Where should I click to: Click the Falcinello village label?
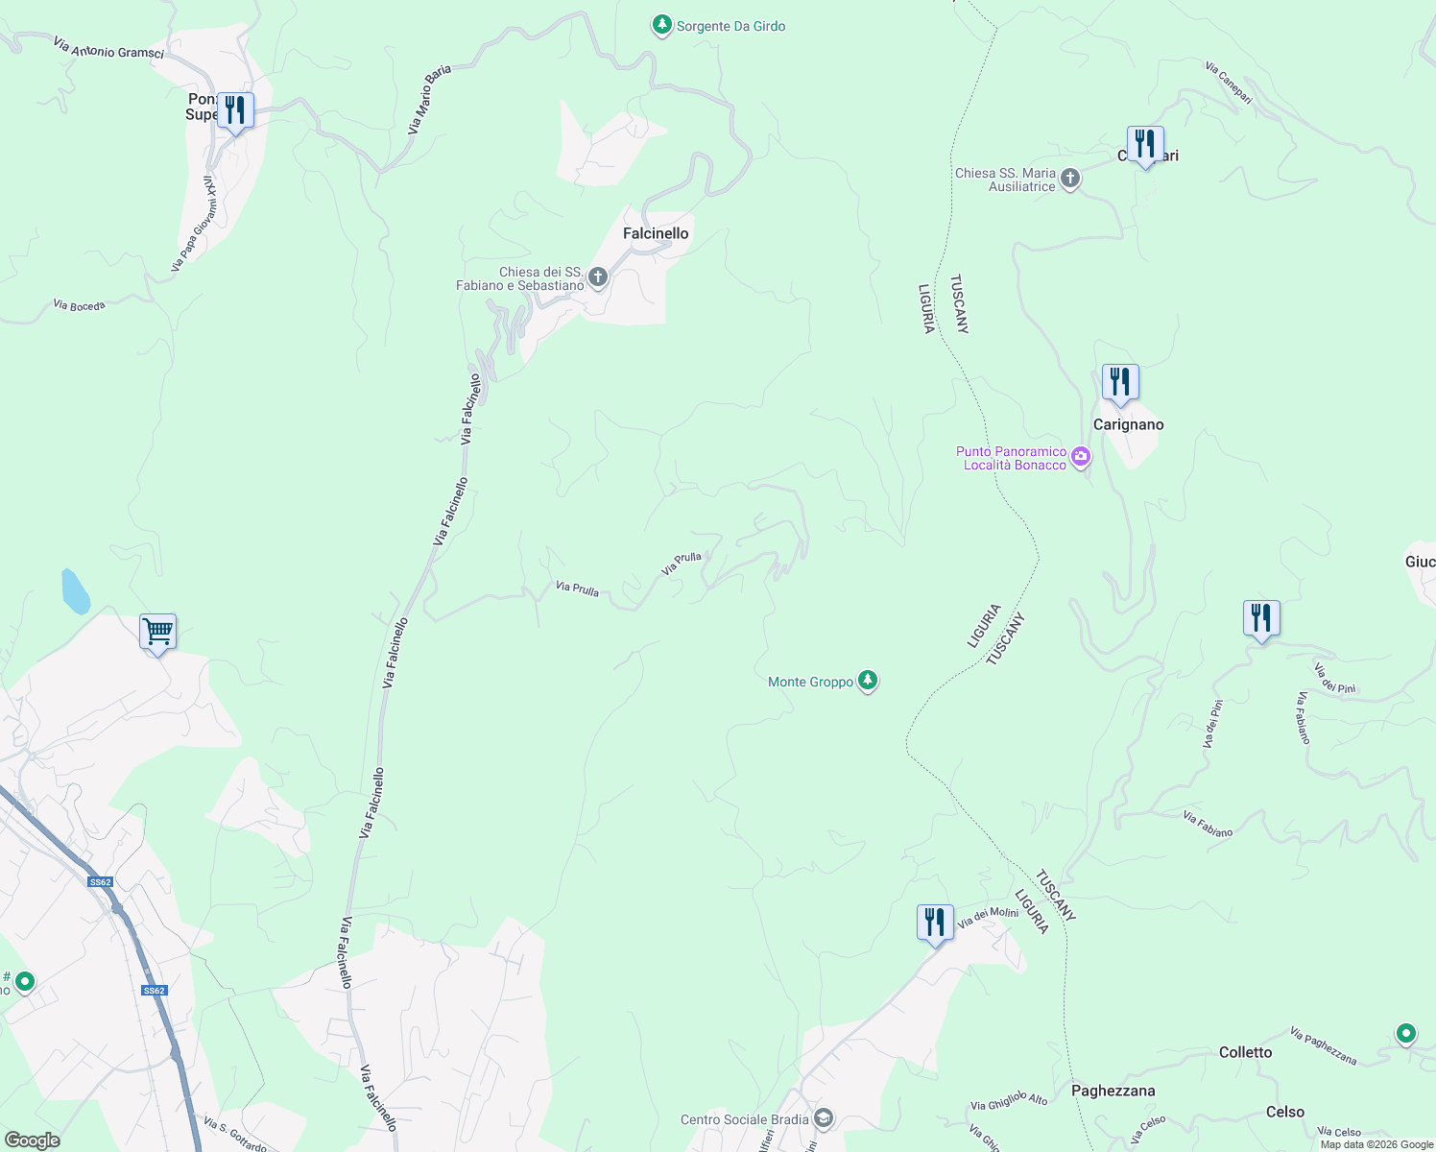656,233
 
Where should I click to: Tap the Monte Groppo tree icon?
868,681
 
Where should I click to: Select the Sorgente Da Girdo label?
730,26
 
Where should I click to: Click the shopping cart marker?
157,632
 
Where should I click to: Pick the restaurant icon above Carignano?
1120,382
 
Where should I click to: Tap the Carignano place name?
1128,424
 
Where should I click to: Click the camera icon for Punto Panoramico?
1081,457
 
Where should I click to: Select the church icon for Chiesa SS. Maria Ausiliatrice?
1070,179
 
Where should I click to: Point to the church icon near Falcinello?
598,278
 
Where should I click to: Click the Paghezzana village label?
1113,1091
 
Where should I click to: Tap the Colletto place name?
1245,1052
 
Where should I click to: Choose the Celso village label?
1284,1112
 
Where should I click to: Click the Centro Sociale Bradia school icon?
823,1118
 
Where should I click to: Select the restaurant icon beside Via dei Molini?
935,923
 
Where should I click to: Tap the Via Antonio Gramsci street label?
108,48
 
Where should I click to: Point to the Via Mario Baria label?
429,99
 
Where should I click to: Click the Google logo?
32,1140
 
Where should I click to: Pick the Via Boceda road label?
79,305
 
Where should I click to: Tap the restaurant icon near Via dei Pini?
1261,618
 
